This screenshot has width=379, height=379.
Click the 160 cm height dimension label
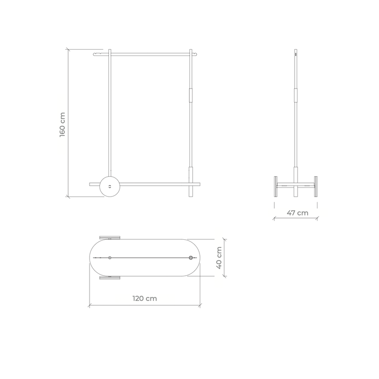pos(63,125)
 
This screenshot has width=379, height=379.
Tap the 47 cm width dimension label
pos(298,213)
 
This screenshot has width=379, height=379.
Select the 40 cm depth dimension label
pos(219,258)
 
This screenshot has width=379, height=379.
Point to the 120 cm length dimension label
pos(144,298)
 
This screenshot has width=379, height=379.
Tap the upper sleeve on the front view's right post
pos(191,95)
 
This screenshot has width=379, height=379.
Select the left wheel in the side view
pos(276,186)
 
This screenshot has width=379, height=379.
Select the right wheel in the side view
pos(316,186)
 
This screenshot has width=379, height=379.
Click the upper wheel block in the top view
pos(110,237)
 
